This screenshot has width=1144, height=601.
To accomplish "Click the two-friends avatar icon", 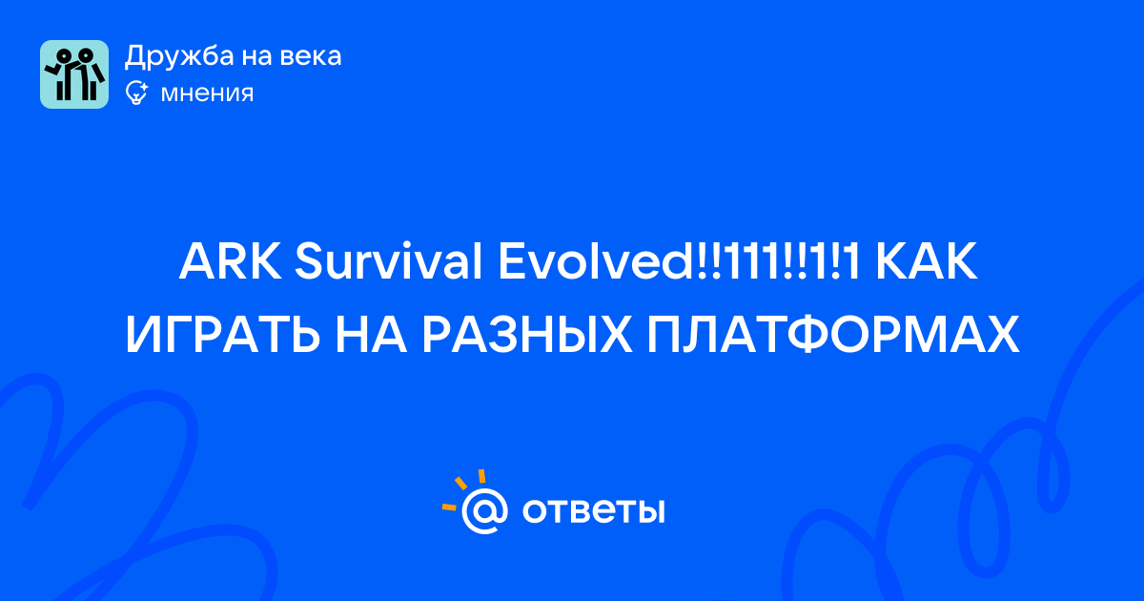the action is [74, 74].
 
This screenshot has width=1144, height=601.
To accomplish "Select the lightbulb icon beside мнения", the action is [136, 93].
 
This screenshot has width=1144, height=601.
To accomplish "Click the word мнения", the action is [207, 94].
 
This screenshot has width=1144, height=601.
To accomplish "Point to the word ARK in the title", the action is [231, 262].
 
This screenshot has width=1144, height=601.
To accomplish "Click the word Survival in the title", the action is [388, 261].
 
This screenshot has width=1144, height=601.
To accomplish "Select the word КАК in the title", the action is [927, 262].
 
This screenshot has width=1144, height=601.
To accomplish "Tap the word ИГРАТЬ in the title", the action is [223, 335].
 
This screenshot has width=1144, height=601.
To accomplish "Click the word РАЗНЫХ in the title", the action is [527, 335].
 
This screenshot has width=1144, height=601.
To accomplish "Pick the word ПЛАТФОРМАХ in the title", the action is [833, 335].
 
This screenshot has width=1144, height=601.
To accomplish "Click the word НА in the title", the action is [371, 335].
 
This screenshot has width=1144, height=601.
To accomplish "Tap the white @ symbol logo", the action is [484, 510].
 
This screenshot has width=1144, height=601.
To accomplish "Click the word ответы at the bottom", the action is [593, 510].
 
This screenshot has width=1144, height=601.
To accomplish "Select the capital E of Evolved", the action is [512, 262].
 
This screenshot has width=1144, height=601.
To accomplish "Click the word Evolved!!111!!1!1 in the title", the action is [680, 261].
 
